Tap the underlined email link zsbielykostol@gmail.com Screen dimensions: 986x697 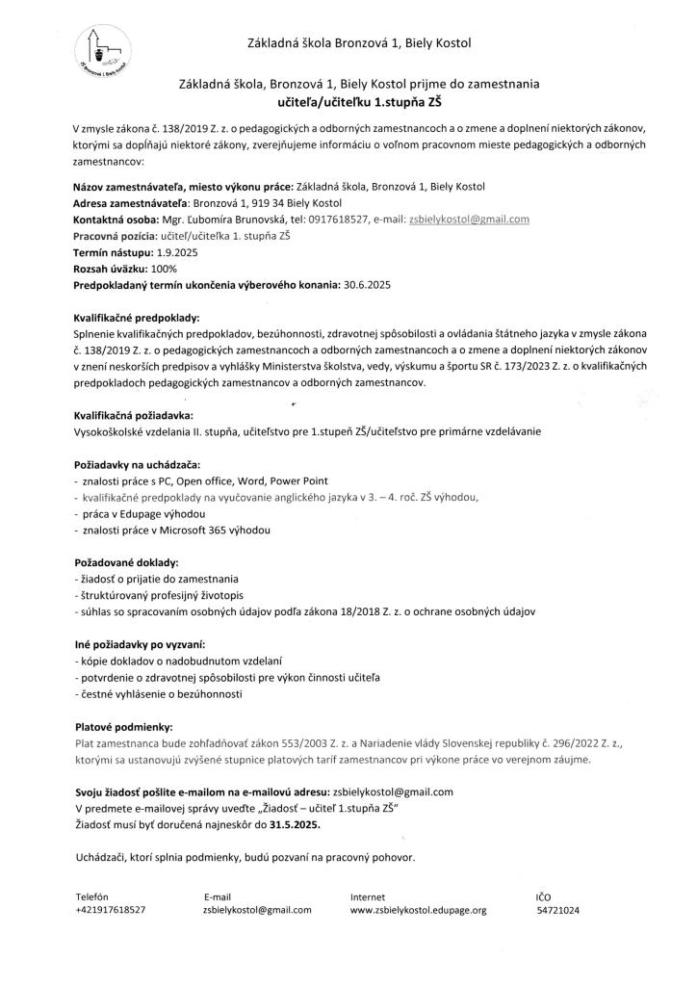click(x=470, y=220)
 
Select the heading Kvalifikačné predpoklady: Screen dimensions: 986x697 click(x=136, y=317)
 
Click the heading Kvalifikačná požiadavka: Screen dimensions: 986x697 click(x=134, y=415)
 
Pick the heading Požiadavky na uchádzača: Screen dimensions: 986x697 click(x=137, y=465)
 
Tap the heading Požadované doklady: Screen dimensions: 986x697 click(x=125, y=562)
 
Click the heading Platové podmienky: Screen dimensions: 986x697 click(x=122, y=727)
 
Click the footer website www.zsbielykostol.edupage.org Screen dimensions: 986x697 click(x=419, y=909)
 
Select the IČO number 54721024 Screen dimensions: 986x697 click(x=557, y=909)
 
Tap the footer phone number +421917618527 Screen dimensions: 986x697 click(x=110, y=909)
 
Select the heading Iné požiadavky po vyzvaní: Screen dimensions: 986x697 click(x=140, y=644)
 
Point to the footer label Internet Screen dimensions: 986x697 click(x=368, y=895)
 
